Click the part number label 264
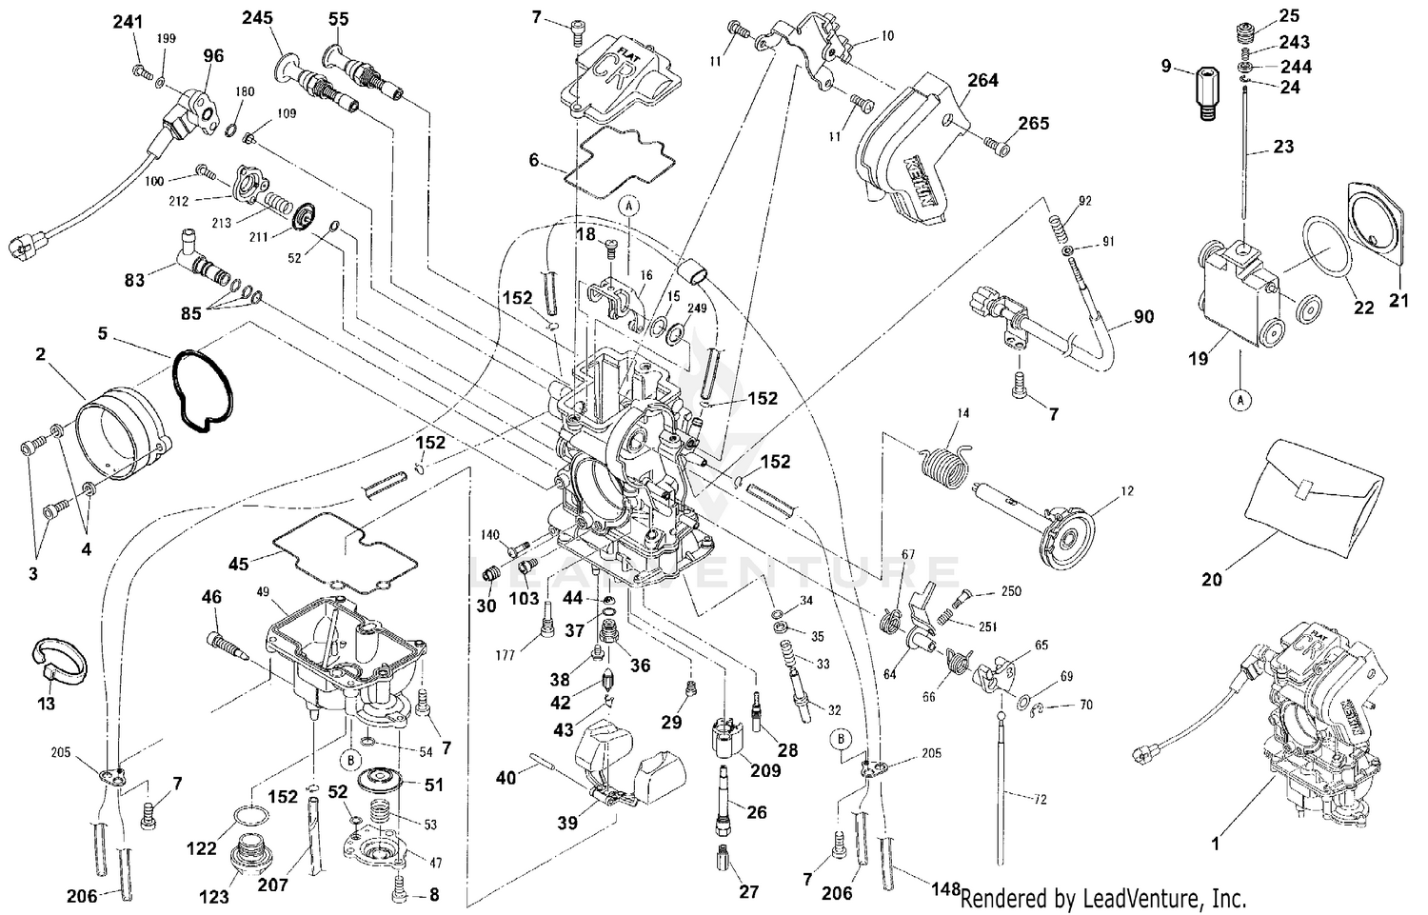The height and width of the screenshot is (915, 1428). [982, 81]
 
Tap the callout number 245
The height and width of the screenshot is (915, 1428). [256, 18]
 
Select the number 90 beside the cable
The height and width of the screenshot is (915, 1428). [1143, 316]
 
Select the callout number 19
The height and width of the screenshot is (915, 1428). [1198, 359]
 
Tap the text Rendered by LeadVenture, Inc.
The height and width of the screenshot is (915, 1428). [1102, 897]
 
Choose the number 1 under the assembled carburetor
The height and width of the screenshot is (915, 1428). [1213, 842]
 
